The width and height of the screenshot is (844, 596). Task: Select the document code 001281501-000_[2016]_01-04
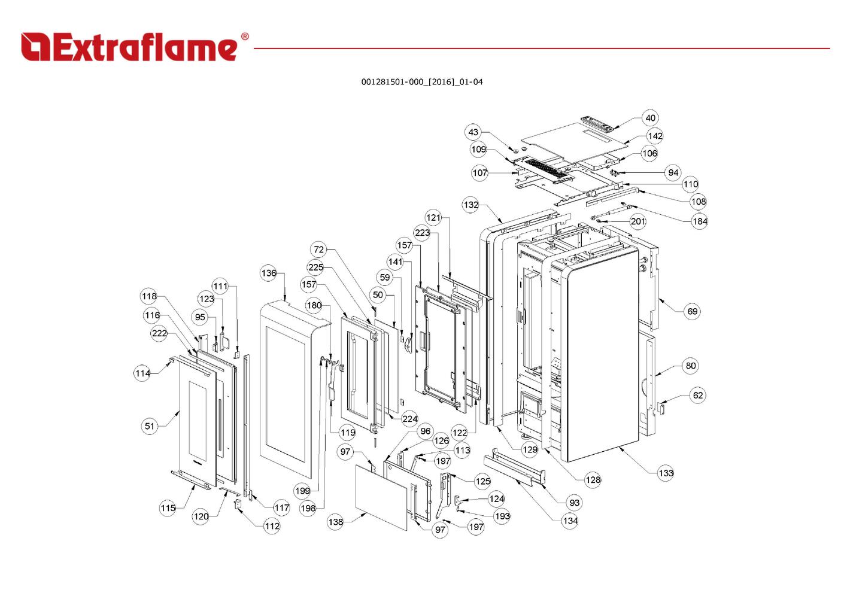click(x=421, y=82)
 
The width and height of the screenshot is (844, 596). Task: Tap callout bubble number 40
click(x=650, y=118)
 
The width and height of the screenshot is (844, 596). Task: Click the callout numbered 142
click(x=655, y=136)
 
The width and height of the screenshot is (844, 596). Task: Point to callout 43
click(x=473, y=132)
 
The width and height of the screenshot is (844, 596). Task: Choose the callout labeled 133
click(x=666, y=473)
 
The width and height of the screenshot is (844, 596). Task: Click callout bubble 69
click(x=692, y=311)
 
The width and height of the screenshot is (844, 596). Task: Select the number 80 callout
click(x=690, y=366)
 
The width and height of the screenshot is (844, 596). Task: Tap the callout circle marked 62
click(x=697, y=395)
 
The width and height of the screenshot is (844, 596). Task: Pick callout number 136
click(x=269, y=273)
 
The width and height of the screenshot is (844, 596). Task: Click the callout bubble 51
click(x=149, y=426)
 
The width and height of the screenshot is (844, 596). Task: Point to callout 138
click(x=335, y=522)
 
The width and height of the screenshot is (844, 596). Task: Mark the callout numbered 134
click(x=570, y=521)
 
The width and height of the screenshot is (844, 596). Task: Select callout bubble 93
click(x=574, y=503)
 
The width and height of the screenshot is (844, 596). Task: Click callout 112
click(x=272, y=526)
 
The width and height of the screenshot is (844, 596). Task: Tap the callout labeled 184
click(x=699, y=221)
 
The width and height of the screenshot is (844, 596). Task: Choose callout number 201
click(x=638, y=221)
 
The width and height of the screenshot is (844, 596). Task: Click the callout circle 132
click(x=471, y=205)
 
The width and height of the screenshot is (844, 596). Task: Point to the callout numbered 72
click(x=319, y=250)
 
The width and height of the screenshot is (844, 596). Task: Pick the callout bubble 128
click(x=593, y=479)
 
